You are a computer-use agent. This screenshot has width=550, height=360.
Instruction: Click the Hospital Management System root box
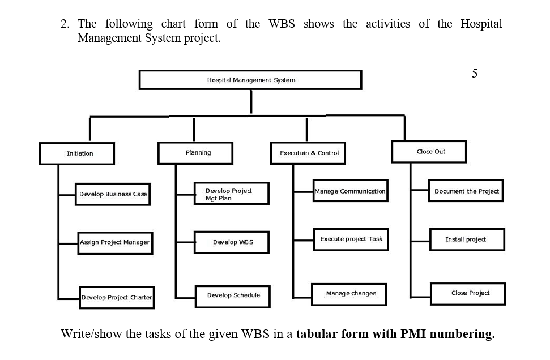pyautogui.click(x=250, y=80)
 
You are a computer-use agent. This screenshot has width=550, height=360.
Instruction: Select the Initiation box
pyautogui.click(x=77, y=153)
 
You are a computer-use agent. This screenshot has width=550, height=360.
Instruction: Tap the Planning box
pyautogui.click(x=195, y=153)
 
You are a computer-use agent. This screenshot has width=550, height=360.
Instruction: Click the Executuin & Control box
pyautogui.click(x=309, y=153)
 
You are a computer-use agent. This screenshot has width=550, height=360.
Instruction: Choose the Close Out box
pyautogui.click(x=430, y=152)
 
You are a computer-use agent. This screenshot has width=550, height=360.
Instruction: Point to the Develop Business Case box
pyautogui.click(x=113, y=194)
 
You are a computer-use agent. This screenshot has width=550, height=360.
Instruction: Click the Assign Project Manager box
pyautogui.click(x=115, y=242)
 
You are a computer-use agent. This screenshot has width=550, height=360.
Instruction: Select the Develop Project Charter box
pyautogui.click(x=117, y=297)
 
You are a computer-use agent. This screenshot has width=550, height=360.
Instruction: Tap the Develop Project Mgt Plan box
pyautogui.click(x=231, y=194)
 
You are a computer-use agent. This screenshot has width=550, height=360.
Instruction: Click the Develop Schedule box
pyautogui.click(x=232, y=295)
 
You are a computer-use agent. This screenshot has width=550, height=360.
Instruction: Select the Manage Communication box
pyautogui.click(x=350, y=191)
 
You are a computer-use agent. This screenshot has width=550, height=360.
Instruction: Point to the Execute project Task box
pyautogui.click(x=351, y=239)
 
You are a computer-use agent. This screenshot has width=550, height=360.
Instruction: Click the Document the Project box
pyautogui.click(x=467, y=191)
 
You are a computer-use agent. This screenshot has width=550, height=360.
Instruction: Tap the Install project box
pyautogui.click(x=467, y=239)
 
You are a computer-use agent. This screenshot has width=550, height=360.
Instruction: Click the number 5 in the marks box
pyautogui.click(x=475, y=73)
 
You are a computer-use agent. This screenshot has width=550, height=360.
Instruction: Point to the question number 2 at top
pyautogui.click(x=65, y=24)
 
